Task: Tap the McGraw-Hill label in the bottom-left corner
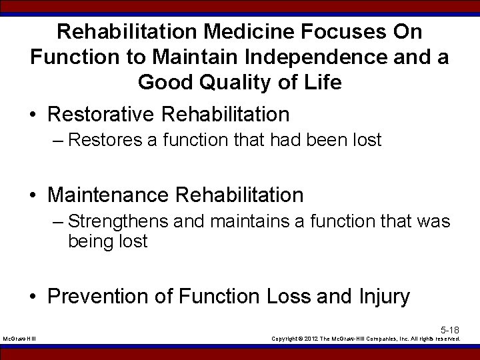(x=19, y=339)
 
